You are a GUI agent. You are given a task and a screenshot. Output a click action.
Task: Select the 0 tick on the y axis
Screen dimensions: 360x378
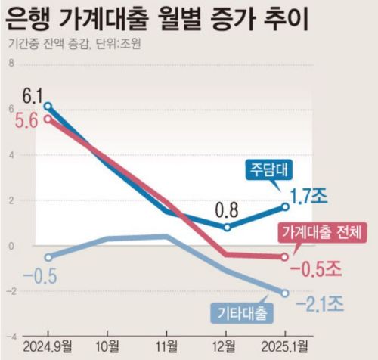coord(11,246)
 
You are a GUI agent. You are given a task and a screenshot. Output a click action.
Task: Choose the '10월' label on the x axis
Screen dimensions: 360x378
coord(107,348)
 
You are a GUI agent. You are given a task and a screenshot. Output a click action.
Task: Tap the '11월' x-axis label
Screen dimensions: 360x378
coord(167,348)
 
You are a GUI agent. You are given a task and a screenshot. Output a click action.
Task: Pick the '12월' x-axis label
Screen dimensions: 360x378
coord(227,348)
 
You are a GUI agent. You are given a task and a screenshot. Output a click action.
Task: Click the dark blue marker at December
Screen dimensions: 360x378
coord(227,227)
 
